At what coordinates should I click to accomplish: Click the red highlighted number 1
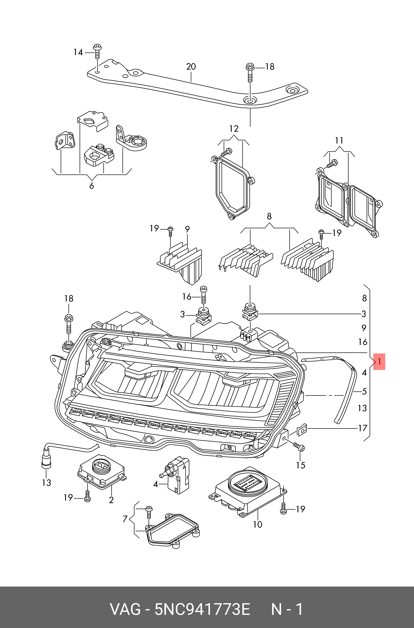379,361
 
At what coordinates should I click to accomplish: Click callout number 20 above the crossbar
191,66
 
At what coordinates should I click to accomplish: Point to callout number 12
234,129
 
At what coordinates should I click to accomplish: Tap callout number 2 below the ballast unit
111,500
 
